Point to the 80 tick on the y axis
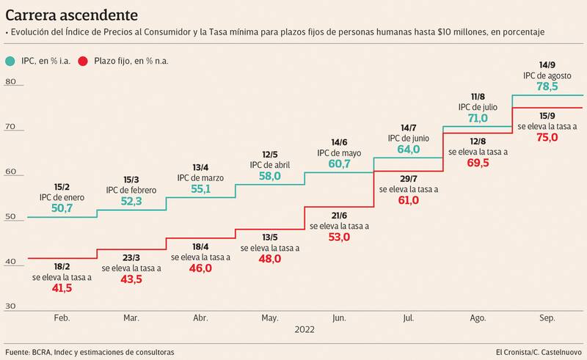tap(10, 81)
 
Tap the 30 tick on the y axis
tap(10, 306)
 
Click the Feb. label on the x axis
tap(62, 317)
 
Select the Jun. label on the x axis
tap(339, 317)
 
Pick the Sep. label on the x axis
tap(547, 317)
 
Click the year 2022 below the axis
tap(305, 330)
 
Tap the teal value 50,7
tap(62, 208)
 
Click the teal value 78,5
tap(547, 86)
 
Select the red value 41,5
tap(62, 289)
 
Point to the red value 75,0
tap(547, 137)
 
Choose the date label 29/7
tap(409, 177)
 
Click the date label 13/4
tap(201, 166)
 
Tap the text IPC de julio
tap(478, 107)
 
